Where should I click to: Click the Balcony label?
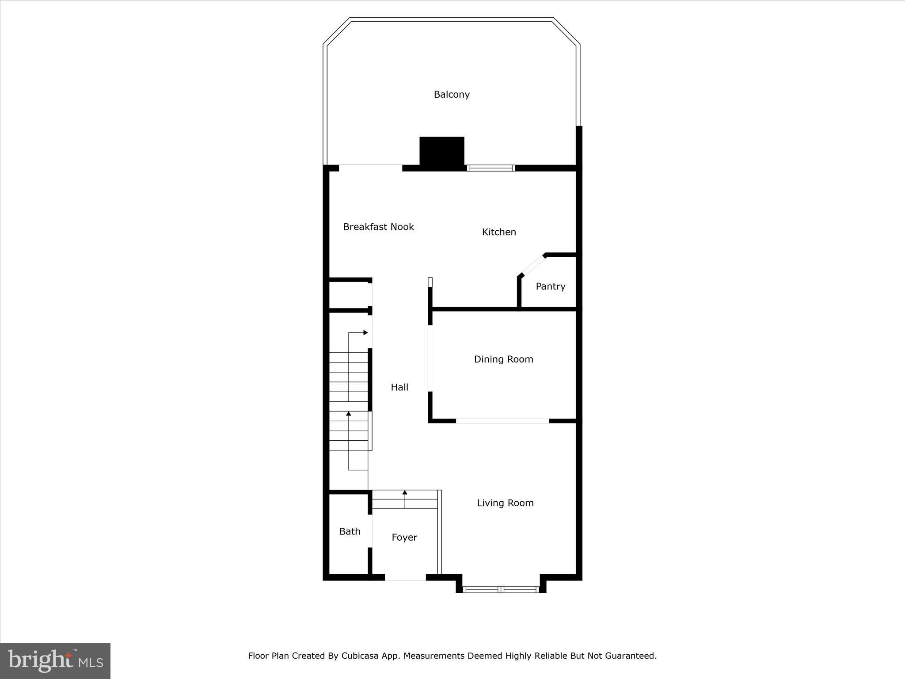point(451,94)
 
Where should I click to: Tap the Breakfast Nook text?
point(378,227)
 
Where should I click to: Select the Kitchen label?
point(499,232)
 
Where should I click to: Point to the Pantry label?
point(550,286)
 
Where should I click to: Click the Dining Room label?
point(503,359)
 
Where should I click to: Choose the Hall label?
point(399,387)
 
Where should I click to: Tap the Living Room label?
point(505,503)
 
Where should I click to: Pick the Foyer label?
point(404,538)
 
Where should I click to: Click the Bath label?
point(350,532)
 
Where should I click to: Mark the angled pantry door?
point(533,266)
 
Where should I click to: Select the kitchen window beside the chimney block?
point(491,168)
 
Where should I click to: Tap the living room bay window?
point(501,589)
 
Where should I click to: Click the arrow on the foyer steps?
point(405,492)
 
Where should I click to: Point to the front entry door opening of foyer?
point(405,577)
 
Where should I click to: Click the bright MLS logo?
point(55,660)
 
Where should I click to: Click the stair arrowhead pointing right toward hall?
point(365,332)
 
